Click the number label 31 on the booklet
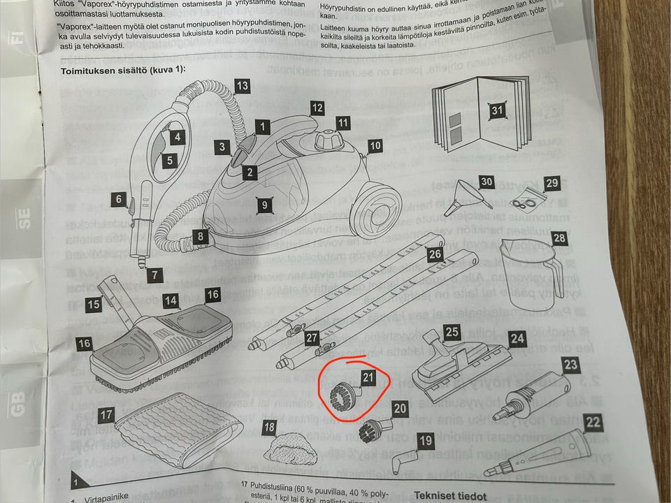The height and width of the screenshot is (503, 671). (498, 110)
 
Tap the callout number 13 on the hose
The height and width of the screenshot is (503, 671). (242, 87)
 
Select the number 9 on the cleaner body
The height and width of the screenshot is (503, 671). (264, 205)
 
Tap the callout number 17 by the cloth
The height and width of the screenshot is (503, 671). (106, 415)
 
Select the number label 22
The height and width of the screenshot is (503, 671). (593, 422)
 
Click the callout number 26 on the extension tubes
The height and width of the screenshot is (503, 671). (435, 255)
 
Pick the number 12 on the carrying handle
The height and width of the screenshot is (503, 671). (317, 108)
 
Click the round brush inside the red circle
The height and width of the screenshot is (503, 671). (341, 395)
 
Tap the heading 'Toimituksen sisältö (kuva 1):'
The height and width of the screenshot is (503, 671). (124, 71)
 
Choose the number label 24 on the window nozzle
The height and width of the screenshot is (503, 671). (517, 339)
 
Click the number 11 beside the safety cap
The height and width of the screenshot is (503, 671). (342, 123)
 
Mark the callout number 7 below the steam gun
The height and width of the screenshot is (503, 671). (156, 275)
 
